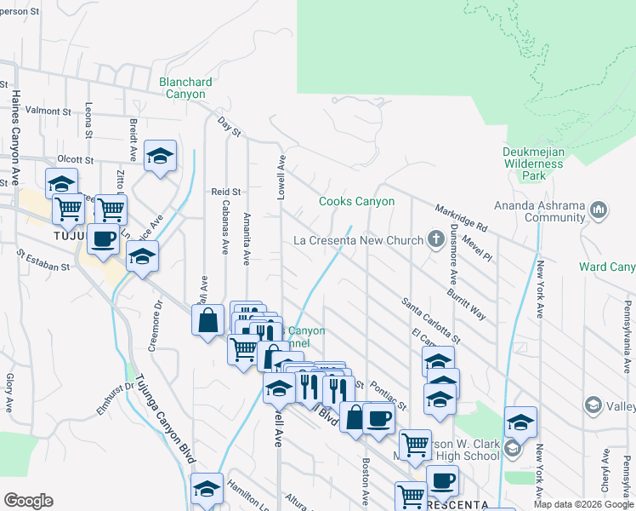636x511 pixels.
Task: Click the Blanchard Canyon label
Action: (x=185, y=88)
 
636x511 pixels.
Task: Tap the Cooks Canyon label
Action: (x=356, y=202)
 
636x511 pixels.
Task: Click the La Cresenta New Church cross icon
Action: (x=436, y=239)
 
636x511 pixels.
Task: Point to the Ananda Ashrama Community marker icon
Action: (x=599, y=209)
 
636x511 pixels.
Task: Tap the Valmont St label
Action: (x=48, y=112)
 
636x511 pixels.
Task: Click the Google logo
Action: (x=28, y=501)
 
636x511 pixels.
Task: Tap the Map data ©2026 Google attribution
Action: (x=583, y=505)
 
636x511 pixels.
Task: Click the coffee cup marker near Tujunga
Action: (x=103, y=239)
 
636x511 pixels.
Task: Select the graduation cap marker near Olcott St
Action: (x=160, y=156)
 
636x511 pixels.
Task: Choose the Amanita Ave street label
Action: (x=247, y=239)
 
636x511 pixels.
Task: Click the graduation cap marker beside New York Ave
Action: (x=520, y=422)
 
